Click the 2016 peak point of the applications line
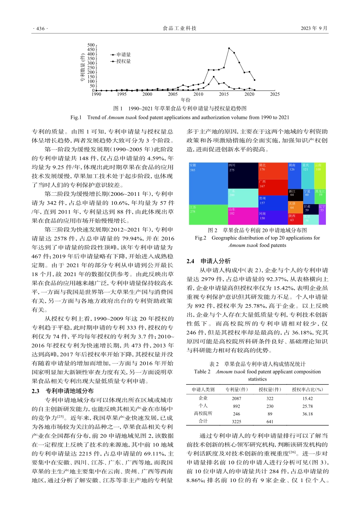[229, 48]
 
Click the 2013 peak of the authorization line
[214, 77]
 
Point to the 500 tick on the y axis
[91, 45]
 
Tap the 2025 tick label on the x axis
[275, 94]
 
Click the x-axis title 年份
[185, 100]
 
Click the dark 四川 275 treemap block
[243, 175]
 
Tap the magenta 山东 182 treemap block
[243, 216]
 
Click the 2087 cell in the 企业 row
[236, 398]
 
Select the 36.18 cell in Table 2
[307, 414]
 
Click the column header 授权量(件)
[270, 389]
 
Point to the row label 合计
[203, 421]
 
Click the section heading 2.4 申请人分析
[208, 261]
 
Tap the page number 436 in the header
[39, 28]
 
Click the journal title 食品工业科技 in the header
[180, 28]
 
